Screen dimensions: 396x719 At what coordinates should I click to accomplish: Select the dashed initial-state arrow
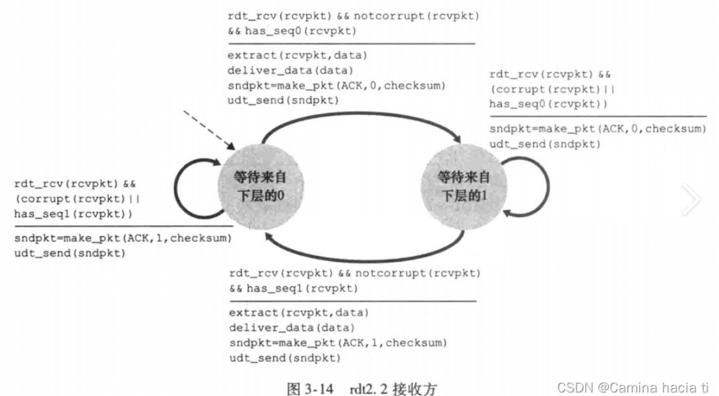(207, 129)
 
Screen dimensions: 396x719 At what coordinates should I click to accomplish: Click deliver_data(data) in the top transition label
(283, 70)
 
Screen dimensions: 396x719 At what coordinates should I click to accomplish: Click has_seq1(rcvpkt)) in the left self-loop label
(67, 213)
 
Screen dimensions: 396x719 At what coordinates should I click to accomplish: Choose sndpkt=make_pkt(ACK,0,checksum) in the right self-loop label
(597, 129)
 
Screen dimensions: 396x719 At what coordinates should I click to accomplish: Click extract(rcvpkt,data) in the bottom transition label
(299, 312)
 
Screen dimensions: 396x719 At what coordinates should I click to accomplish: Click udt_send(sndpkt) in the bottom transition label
(284, 358)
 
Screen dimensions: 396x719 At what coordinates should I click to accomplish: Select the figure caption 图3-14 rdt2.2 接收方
(361, 388)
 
